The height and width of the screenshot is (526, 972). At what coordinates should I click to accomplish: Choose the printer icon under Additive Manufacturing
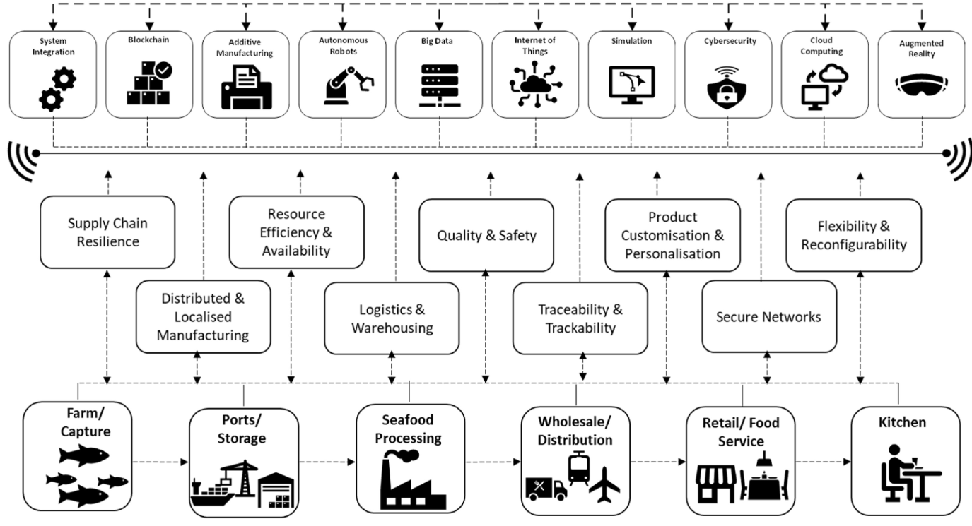coord(245,89)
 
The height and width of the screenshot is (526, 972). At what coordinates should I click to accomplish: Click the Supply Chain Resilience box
coord(107,232)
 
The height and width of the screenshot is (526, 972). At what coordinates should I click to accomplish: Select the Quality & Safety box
coord(486,235)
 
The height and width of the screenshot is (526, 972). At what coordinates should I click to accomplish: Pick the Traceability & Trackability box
coord(580,318)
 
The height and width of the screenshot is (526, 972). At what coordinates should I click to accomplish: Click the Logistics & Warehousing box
coord(392,318)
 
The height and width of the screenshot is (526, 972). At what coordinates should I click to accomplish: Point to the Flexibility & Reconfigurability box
coord(853,235)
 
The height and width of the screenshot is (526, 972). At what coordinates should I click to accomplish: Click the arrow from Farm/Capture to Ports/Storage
coord(160,462)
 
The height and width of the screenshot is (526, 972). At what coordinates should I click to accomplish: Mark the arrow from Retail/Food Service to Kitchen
coord(823,462)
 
